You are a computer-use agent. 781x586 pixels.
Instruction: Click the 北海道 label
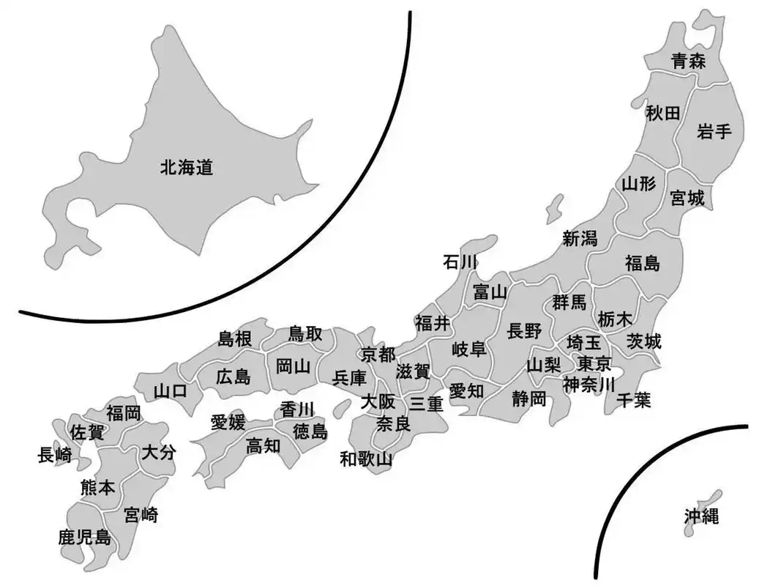[x=187, y=168]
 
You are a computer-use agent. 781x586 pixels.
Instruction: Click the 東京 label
[x=594, y=364]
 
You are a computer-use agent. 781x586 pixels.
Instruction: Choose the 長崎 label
[x=54, y=456]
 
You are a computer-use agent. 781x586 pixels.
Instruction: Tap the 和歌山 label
[x=366, y=460]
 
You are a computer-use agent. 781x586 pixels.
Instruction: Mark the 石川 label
[x=460, y=262]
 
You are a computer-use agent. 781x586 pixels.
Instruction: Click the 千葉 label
[x=633, y=400]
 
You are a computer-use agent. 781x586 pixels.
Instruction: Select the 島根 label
[x=236, y=338]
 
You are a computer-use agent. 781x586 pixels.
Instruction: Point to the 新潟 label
[x=580, y=238]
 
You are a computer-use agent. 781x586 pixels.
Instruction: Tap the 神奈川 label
[x=588, y=383]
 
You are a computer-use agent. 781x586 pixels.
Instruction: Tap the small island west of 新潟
[x=555, y=207]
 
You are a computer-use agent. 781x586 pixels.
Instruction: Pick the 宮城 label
[x=687, y=198]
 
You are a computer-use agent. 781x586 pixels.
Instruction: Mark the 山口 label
[x=170, y=391]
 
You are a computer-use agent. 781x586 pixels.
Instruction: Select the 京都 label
[x=378, y=354]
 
